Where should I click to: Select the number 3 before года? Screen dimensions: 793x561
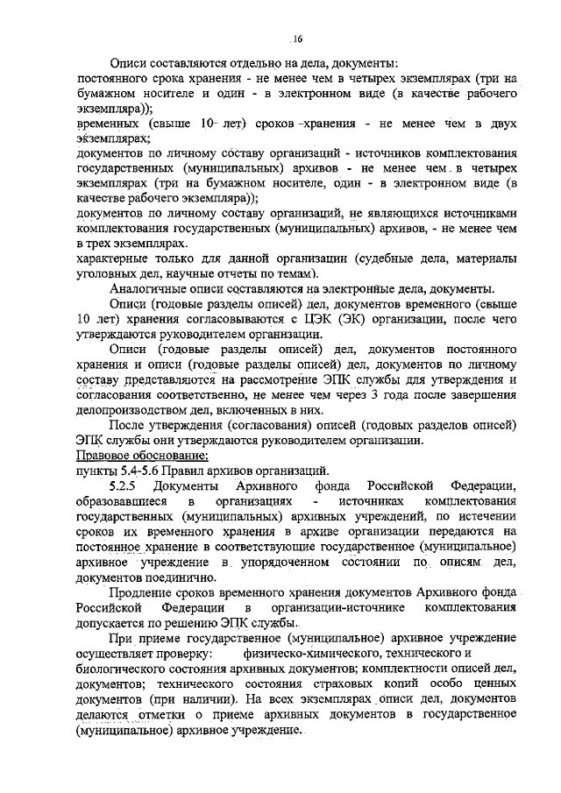[337, 394]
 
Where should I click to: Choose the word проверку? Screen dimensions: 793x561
[184, 653]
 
